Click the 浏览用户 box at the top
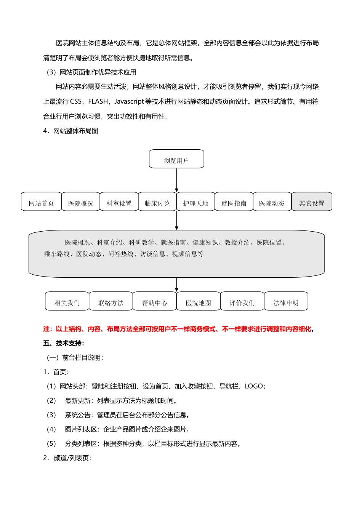pyautogui.click(x=176, y=159)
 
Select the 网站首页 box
pyautogui.click(x=41, y=202)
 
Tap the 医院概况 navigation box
pyautogui.click(x=80, y=202)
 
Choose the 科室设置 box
pyautogui.click(x=119, y=202)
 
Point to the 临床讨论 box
pyautogui.click(x=157, y=202)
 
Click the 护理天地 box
pyautogui.click(x=195, y=202)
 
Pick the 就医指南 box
pyautogui.click(x=234, y=202)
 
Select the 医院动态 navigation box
pyautogui.click(x=272, y=202)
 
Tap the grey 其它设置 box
pyautogui.click(x=312, y=202)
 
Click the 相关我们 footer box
pyautogui.click(x=67, y=302)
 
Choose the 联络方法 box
pyautogui.click(x=111, y=302)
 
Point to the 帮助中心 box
pyautogui.click(x=155, y=302)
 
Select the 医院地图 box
pyautogui.click(x=199, y=302)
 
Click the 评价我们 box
pyautogui.click(x=242, y=302)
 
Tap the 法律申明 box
pyautogui.click(x=286, y=302)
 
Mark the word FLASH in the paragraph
pyautogui.click(x=98, y=102)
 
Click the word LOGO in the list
pyautogui.click(x=254, y=386)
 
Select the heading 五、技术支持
pyautogui.click(x=64, y=343)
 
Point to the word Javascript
pyautogui.click(x=129, y=102)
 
